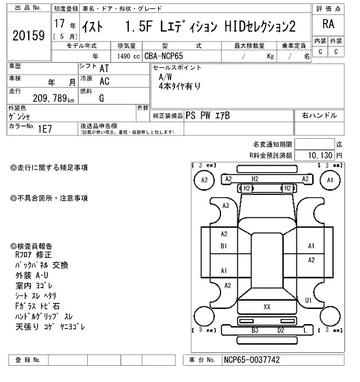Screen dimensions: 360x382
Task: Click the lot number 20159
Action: point(28,35)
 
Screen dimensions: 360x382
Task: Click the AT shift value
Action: point(103,68)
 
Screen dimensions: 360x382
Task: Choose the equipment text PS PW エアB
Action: point(208,115)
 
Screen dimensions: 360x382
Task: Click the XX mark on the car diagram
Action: point(267,306)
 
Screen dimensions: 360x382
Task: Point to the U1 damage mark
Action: point(308,301)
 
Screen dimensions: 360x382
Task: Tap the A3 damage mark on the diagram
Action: point(226,206)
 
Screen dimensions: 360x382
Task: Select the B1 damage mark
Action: point(223,246)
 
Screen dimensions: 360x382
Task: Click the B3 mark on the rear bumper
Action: point(254,331)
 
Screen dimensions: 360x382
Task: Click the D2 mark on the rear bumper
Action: point(280,331)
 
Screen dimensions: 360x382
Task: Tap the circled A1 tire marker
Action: point(330,180)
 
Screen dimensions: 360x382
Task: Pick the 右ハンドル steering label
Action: point(319,115)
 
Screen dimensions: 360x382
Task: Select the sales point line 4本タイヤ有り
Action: point(179,86)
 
